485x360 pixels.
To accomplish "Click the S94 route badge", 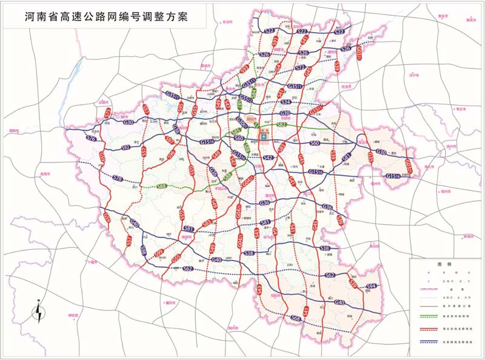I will pyautogui.click(x=372, y=286).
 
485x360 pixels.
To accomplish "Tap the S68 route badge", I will pyautogui.click(x=295, y=318).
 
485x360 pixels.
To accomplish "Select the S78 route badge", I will pyautogui.click(x=118, y=178).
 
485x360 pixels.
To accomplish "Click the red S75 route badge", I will pyautogui.click(x=108, y=113).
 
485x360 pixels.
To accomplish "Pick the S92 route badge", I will pyautogui.click(x=126, y=147).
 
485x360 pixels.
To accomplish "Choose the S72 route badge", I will pyautogui.click(x=301, y=68).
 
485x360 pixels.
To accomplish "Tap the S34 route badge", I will pyautogui.click(x=286, y=102).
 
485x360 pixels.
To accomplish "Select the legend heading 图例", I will pyautogui.click(x=445, y=265).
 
